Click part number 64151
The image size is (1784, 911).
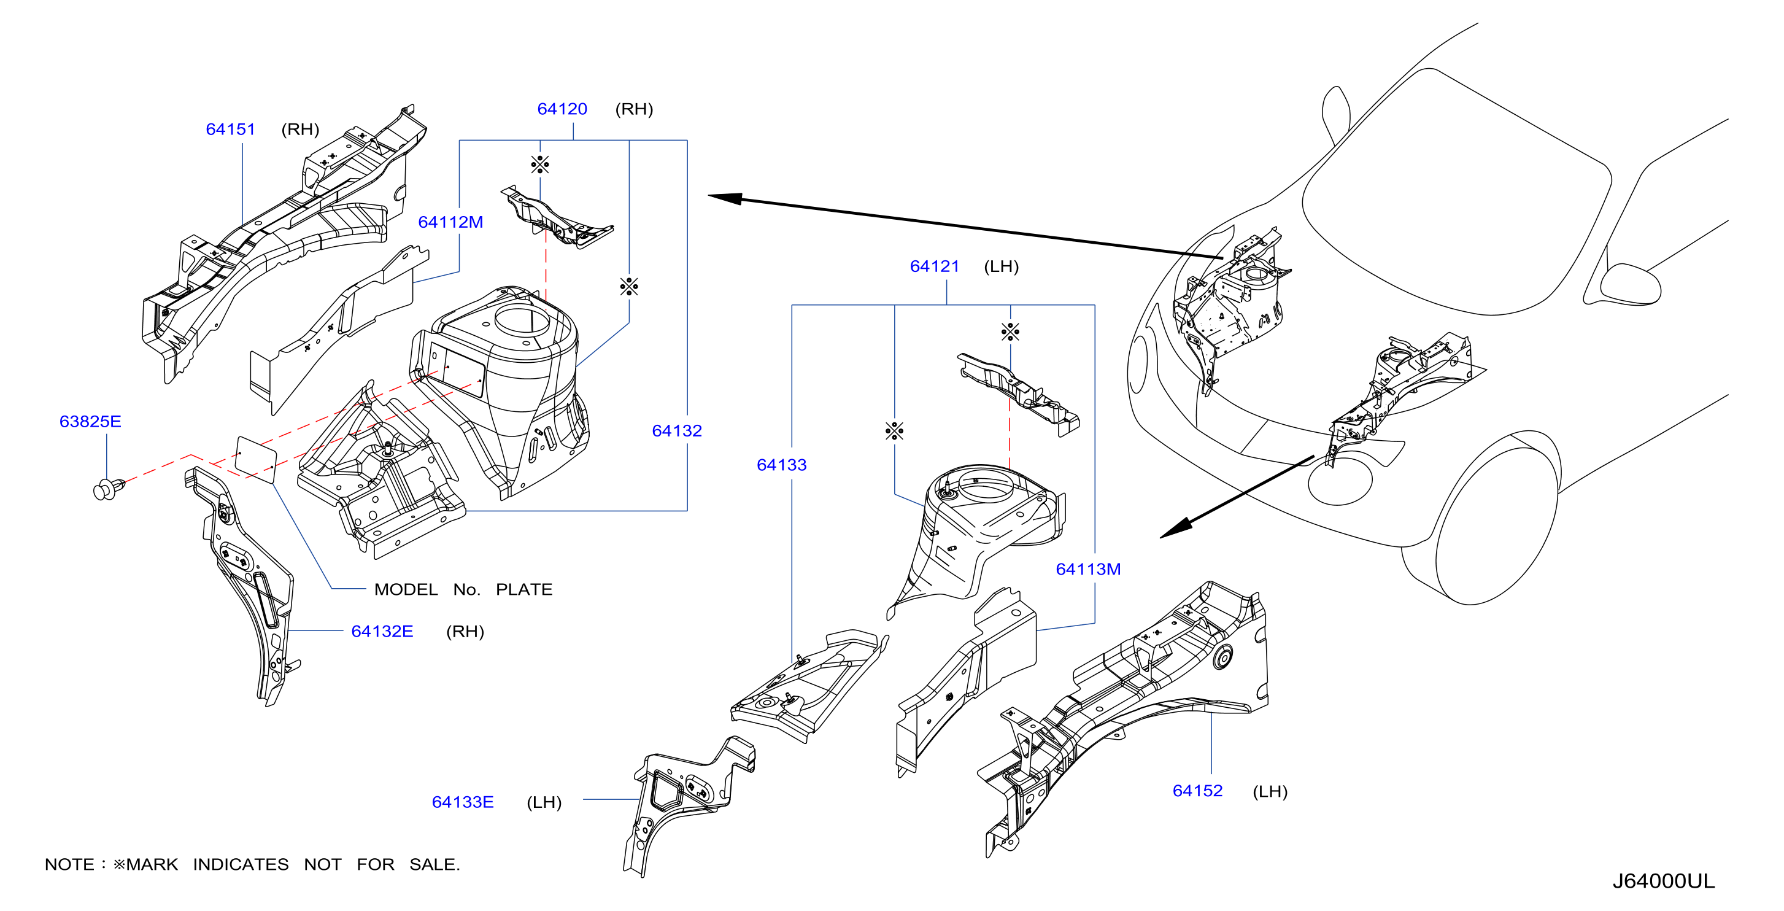coord(231,130)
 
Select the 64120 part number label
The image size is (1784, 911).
coord(562,109)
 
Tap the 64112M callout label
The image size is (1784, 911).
coord(451,222)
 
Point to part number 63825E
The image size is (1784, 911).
coord(91,422)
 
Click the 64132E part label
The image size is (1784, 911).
coord(382,632)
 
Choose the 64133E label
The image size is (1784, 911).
coord(463,802)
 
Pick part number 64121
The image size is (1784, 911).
coord(935,266)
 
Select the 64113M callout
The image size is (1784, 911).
coord(1089,570)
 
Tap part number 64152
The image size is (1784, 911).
coord(1197,791)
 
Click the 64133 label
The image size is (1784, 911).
coord(782,465)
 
